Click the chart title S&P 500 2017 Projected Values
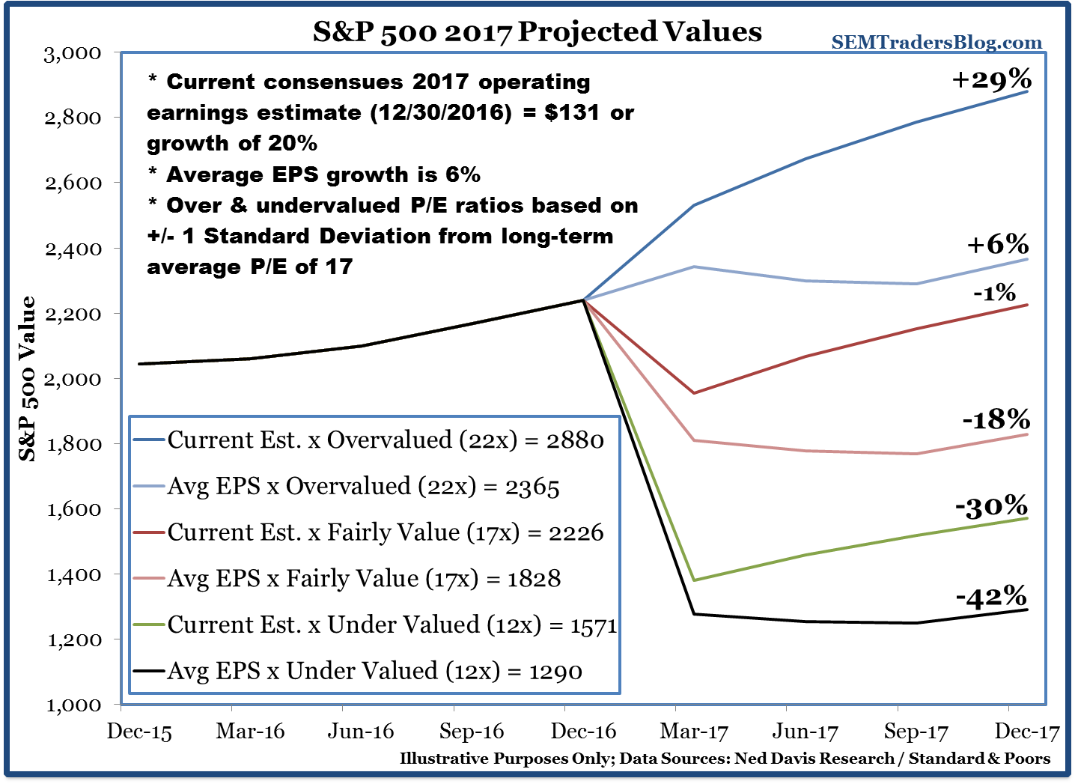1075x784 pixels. click(537, 31)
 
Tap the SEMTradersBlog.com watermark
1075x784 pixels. click(937, 43)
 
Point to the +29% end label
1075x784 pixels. click(991, 79)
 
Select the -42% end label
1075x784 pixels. click(991, 597)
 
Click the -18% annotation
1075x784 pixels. click(996, 419)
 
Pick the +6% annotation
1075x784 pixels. click(997, 245)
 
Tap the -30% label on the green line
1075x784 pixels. click(991, 507)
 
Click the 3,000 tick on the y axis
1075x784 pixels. click(73, 53)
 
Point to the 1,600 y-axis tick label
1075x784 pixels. click(73, 509)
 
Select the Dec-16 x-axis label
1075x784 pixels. click(583, 732)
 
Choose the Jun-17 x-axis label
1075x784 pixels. click(806, 732)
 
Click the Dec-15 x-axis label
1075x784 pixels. click(139, 732)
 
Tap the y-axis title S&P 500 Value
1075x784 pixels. click(28, 378)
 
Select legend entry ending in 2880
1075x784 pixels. click(385, 440)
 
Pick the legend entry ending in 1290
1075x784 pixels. click(374, 671)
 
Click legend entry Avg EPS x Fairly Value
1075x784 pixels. click(364, 578)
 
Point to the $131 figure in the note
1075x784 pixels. click(572, 112)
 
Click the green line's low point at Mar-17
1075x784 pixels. click(695, 580)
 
